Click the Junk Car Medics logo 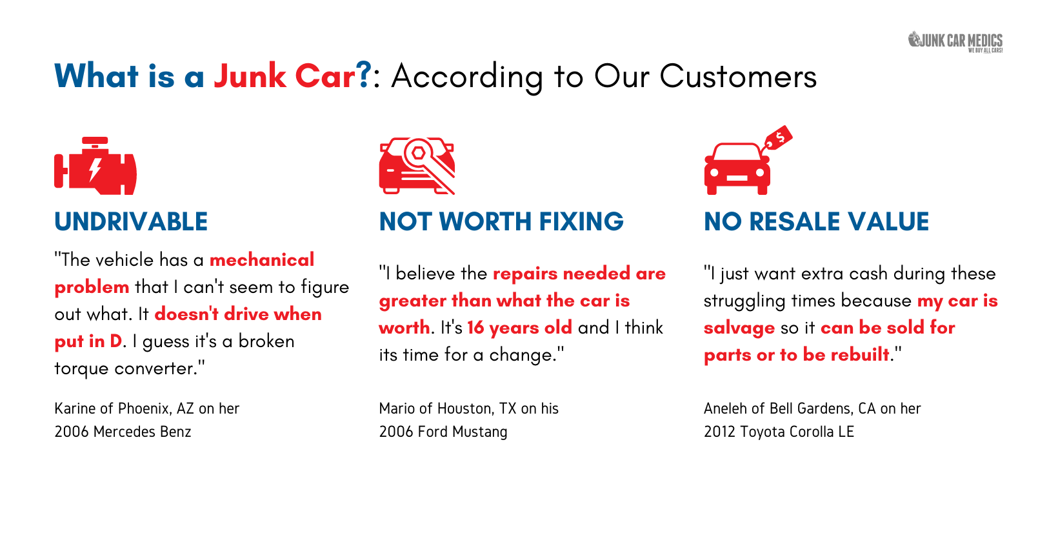pos(955,41)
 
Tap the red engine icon pos(95,166)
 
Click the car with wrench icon pos(417,166)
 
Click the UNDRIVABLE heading pos(131,221)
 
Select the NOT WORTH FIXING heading pos(501,221)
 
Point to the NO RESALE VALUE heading pos(816,221)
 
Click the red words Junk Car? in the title pos(293,75)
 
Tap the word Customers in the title pos(738,76)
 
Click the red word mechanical pos(262,259)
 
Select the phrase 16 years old pos(519,328)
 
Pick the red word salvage pos(739,328)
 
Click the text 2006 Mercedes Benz pos(123,432)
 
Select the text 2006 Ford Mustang pos(443,432)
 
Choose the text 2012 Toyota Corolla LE pos(779,432)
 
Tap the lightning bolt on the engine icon pos(95,169)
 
